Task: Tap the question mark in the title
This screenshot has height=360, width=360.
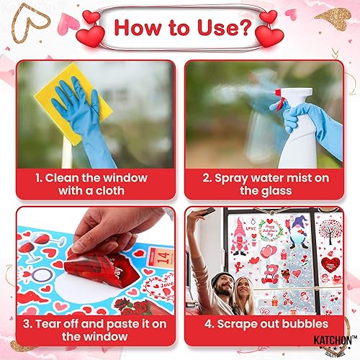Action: pos(246,30)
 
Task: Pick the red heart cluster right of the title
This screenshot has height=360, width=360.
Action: pos(269,29)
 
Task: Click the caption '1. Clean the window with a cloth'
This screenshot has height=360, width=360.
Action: pos(92,184)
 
